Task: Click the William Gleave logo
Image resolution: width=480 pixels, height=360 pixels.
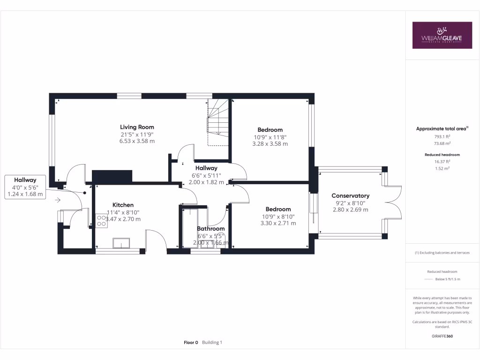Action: (x=442, y=35)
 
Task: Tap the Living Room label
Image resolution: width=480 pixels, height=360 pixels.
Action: (x=137, y=127)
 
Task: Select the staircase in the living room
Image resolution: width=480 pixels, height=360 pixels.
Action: (x=217, y=122)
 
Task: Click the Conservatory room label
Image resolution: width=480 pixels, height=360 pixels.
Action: (x=350, y=196)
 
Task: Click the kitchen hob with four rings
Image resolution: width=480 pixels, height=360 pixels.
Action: (x=101, y=221)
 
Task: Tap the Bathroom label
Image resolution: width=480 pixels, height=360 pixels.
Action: (x=210, y=229)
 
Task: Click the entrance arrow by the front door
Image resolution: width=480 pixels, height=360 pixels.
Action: (x=58, y=200)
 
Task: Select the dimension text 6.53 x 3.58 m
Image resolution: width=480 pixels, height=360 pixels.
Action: (x=137, y=141)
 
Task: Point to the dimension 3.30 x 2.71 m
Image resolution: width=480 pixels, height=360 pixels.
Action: (x=278, y=224)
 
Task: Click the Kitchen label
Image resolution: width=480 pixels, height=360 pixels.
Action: (x=123, y=205)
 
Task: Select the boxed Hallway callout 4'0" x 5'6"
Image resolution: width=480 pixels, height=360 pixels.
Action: (x=25, y=187)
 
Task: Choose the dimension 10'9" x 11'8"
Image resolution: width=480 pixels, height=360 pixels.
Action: (x=270, y=137)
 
